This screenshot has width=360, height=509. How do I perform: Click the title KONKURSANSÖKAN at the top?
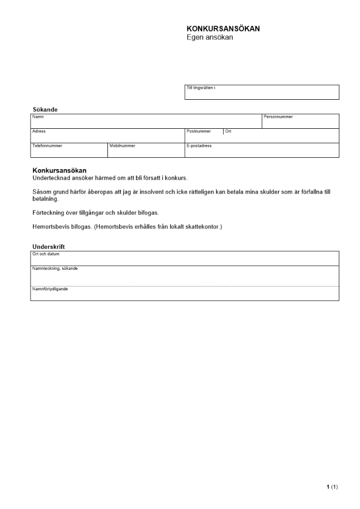(223, 29)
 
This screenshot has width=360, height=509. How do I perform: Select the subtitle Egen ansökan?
(210, 37)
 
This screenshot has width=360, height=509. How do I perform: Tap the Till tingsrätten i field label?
(201, 88)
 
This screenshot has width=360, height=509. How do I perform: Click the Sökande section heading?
(45, 109)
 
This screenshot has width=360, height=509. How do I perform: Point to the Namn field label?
(38, 117)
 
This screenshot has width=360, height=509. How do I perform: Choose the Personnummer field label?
(278, 117)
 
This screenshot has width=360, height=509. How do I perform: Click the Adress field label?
(39, 131)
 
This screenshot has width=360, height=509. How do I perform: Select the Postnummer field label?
(199, 131)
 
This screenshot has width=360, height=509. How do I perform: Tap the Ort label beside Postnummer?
(229, 131)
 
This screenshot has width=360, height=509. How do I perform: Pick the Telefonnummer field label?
(47, 146)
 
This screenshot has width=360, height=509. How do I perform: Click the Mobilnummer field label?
(122, 146)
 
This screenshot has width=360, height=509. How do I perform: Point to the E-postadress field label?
(199, 146)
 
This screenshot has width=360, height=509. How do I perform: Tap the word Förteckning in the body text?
(48, 213)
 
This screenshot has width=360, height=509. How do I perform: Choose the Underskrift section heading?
(48, 247)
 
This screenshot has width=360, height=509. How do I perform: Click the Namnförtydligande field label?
(50, 289)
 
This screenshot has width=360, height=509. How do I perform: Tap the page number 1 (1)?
(332, 487)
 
